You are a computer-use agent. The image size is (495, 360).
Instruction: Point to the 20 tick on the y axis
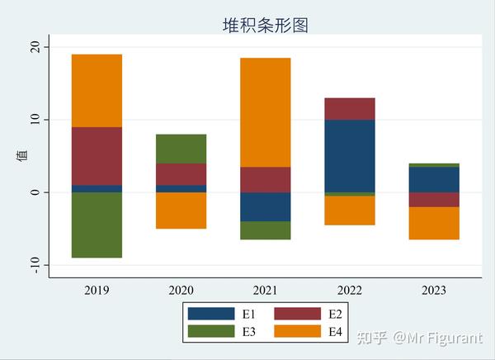35,48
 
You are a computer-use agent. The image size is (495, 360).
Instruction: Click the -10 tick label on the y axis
35,265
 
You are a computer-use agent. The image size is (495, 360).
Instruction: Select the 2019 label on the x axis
97,291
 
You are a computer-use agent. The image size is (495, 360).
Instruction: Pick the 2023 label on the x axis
433,291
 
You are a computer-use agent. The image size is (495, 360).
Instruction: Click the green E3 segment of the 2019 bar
97,225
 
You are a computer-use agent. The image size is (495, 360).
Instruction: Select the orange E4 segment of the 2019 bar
97,91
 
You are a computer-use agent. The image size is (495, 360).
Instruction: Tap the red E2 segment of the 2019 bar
97,156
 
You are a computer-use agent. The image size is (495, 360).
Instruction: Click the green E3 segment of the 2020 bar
181,149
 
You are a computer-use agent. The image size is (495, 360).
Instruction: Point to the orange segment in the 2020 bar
181,211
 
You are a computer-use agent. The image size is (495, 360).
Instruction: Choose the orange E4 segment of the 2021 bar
265,112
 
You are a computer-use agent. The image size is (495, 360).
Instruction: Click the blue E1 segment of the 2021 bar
265,206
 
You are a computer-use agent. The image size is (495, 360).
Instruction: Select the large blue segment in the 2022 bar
349,156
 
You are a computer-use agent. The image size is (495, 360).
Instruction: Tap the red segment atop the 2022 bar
349,109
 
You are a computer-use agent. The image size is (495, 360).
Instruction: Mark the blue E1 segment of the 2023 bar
433,179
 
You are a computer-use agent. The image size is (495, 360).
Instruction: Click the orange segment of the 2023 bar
433,223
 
